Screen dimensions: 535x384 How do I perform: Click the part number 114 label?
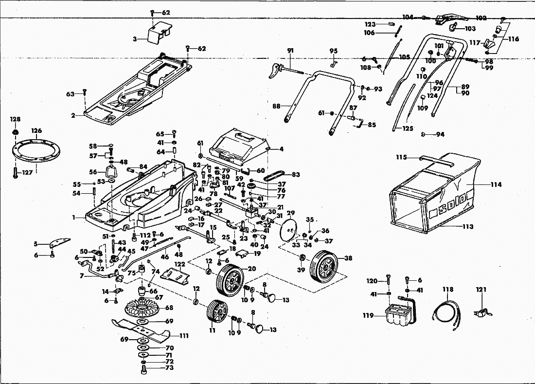pyautogui.click(x=496, y=184)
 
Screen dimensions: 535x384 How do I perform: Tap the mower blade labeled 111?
pyautogui.click(x=141, y=329)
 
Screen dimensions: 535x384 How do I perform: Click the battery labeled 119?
pyautogui.click(x=398, y=315)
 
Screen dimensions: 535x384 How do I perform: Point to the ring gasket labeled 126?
pyautogui.click(x=36, y=149)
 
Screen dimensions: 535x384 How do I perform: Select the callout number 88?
pyautogui.click(x=276, y=106)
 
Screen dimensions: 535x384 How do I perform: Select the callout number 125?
pyautogui.click(x=408, y=128)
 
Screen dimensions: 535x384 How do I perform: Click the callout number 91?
pyautogui.click(x=290, y=51)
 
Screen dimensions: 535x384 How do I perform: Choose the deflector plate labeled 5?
pyautogui.click(x=60, y=243)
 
